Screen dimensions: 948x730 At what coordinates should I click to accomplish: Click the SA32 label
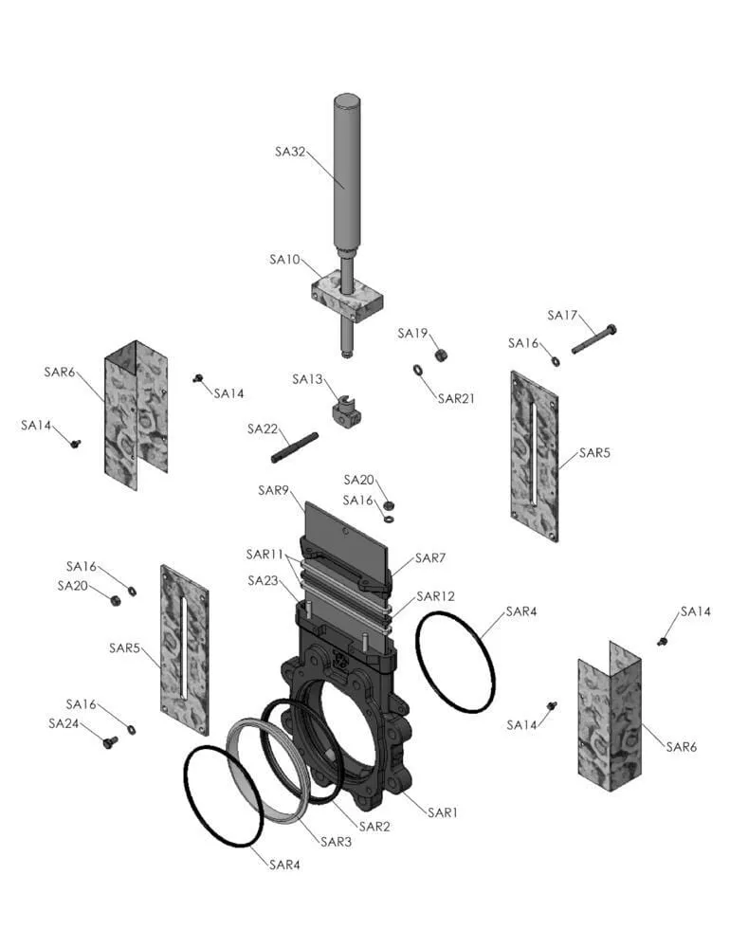pos(290,151)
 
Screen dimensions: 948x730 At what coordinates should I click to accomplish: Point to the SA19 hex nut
pos(441,355)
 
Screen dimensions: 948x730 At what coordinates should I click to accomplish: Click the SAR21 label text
pos(455,399)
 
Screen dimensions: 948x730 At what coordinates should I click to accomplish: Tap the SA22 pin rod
pos(295,447)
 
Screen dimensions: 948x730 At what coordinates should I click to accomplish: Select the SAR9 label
pos(273,490)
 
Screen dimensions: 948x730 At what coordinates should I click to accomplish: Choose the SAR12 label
pos(436,597)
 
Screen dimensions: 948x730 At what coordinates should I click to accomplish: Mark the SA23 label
pos(264,580)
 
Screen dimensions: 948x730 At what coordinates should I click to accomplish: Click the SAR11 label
pos(265,554)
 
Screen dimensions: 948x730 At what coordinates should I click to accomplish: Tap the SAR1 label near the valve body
pos(443,812)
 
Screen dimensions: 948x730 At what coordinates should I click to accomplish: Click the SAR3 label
pos(337,842)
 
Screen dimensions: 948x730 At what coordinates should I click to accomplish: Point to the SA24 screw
pos(109,741)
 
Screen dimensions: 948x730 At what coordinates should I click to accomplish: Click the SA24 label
pos(64,723)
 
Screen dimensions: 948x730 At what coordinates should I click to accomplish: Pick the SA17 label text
pos(563,316)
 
